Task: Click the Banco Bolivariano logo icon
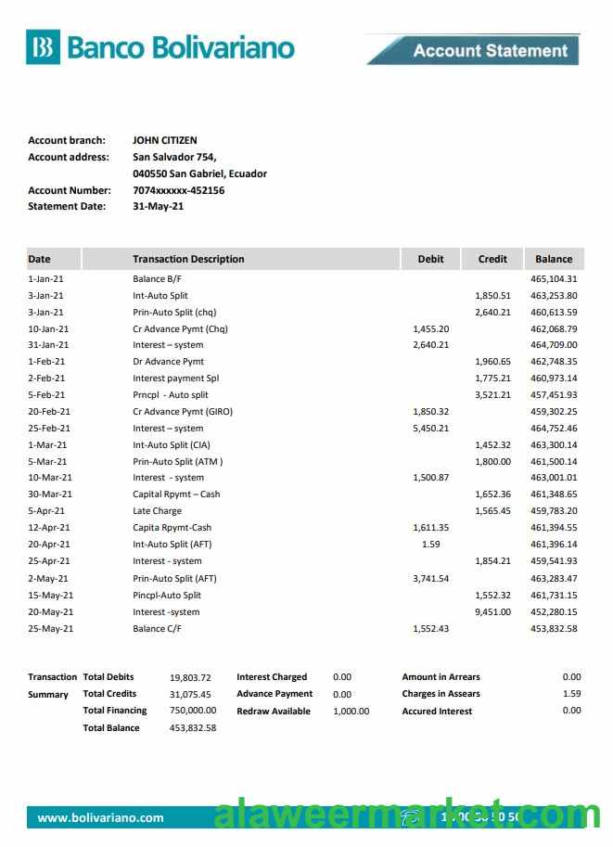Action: (43, 48)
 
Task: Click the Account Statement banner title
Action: (490, 51)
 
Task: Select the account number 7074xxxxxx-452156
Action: (179, 190)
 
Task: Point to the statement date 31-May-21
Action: (159, 207)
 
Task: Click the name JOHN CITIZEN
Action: (165, 141)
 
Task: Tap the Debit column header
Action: (431, 259)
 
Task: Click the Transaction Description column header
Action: (188, 259)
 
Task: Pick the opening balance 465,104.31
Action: (554, 279)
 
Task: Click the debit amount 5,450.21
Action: (430, 429)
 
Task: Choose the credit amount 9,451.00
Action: (492, 612)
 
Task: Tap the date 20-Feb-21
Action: (49, 412)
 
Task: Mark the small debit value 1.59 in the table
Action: (430, 545)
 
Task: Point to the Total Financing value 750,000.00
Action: (193, 711)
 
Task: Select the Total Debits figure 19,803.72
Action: (191, 677)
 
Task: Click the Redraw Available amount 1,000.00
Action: (351, 712)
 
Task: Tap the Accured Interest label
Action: (437, 712)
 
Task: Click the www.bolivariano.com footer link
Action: (100, 817)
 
